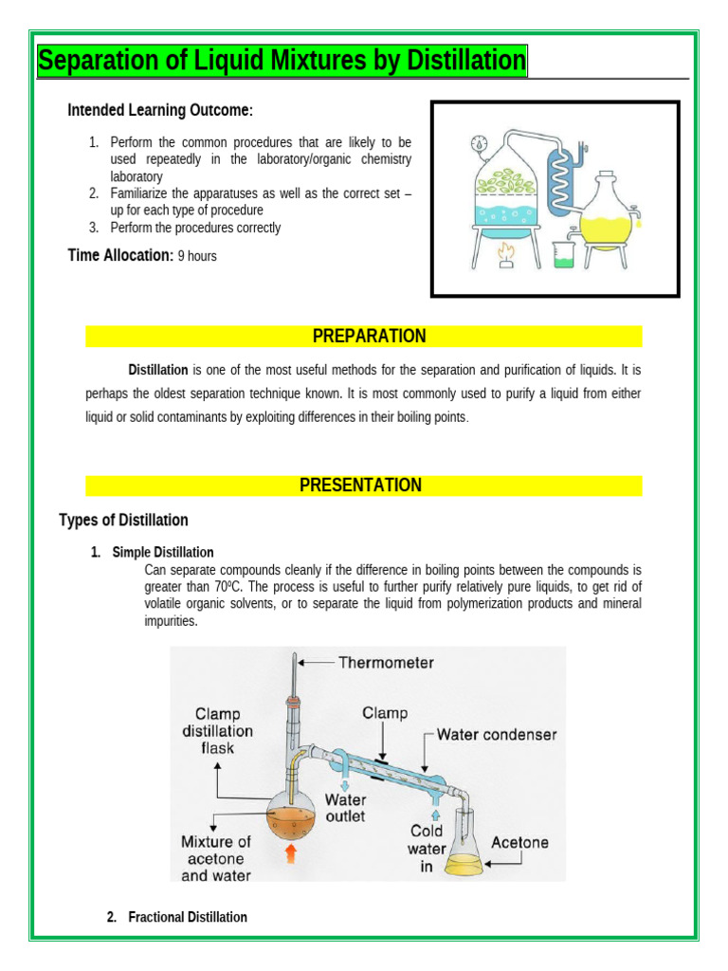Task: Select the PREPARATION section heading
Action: tap(369, 337)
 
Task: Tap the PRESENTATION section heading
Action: tap(360, 485)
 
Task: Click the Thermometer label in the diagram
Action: tap(386, 663)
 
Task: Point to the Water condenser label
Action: tap(496, 734)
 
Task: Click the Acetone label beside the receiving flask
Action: tap(519, 842)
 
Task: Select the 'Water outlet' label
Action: tap(345, 807)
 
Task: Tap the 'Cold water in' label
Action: tap(427, 850)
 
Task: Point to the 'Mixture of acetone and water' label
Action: tap(216, 858)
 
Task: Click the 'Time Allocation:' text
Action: tap(119, 255)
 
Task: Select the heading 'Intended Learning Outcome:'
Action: tap(159, 111)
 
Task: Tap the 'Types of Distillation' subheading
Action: tap(123, 521)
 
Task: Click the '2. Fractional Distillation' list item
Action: tap(177, 917)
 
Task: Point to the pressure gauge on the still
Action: tap(479, 143)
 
